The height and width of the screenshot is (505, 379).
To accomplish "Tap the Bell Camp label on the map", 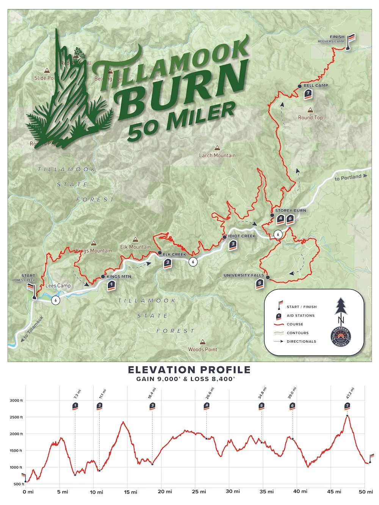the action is click(x=316, y=86).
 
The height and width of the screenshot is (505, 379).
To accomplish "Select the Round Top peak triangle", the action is click(x=310, y=110).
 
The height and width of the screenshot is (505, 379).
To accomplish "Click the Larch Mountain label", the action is click(x=217, y=155).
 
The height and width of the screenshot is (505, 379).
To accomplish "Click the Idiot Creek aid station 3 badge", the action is click(x=233, y=245).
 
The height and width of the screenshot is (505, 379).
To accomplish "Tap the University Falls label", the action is click(x=244, y=276).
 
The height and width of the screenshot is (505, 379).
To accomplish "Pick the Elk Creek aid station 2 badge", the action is click(x=168, y=264).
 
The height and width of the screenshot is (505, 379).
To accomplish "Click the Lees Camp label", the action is click(x=58, y=286).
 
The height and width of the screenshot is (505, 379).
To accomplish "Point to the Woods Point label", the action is click(x=203, y=349).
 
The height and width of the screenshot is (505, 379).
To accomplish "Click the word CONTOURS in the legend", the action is click(x=298, y=333).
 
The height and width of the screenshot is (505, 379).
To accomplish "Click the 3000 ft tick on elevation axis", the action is click(x=16, y=400).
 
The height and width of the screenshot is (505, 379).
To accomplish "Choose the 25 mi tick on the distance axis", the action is click(x=199, y=492).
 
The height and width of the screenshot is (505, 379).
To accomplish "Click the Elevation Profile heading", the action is click(x=189, y=370).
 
